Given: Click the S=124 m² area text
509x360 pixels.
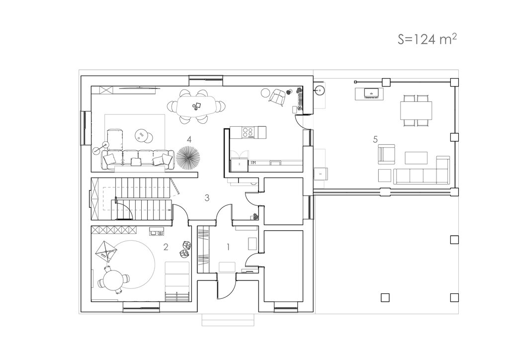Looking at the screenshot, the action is tap(427, 39).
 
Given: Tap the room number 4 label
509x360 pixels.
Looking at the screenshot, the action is tap(189, 139).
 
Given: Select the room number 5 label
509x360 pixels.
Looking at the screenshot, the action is tap(375, 139).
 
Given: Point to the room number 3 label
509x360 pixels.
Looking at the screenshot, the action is tap(207, 197).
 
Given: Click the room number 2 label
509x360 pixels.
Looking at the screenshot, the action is tap(166, 247).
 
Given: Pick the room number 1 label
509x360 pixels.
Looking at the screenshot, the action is tap(228, 247).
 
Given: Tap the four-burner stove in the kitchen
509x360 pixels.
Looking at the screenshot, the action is tap(249, 132).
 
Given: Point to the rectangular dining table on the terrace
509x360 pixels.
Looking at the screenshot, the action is tap(416, 110).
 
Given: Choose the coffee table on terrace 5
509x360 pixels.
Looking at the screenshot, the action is tap(416, 158).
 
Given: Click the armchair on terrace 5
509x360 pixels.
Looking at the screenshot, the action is tap(387, 154).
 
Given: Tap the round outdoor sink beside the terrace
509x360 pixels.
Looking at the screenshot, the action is tap(320, 90).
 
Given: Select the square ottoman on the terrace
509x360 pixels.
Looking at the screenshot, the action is tap(385, 176).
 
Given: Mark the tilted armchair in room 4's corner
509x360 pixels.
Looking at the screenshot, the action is tap(277, 97).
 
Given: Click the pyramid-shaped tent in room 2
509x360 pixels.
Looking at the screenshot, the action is tap(106, 250).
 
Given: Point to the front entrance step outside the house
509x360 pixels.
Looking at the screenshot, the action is tap(228, 320).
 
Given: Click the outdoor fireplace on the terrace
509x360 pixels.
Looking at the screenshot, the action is tap(370, 93).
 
